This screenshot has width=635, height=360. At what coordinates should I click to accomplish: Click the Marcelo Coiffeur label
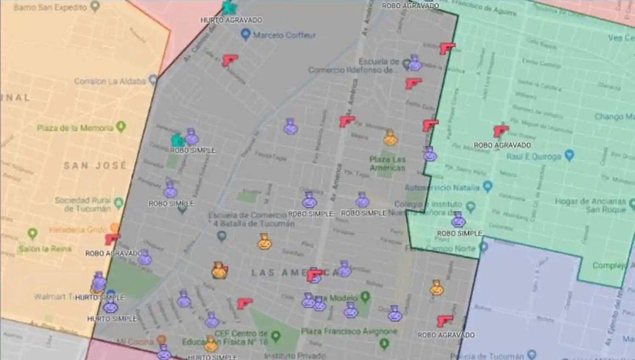tap(284, 35)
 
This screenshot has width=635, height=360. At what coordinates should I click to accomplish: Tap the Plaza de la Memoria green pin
tap(121, 127)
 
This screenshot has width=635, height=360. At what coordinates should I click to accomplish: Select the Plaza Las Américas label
tap(387, 163)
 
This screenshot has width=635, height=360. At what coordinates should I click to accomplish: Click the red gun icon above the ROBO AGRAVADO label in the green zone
tap(500, 131)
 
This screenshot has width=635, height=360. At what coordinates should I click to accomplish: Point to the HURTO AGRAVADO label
tap(231, 20)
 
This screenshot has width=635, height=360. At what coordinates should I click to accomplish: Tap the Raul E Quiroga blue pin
tap(569, 155)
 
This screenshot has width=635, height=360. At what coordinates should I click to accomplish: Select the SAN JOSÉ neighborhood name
tap(95, 165)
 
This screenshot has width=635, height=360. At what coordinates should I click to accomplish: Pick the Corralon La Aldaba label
tap(110, 81)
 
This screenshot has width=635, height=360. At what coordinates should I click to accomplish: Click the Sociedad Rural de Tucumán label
tap(83, 204)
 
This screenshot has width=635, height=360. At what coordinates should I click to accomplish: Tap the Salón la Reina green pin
tap(33, 233)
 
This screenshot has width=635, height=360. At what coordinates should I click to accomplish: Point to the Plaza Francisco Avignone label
tap(349, 331)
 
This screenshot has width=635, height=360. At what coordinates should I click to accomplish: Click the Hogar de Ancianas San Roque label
tap(590, 205)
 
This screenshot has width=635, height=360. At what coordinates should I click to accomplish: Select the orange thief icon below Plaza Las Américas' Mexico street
tap(390, 138)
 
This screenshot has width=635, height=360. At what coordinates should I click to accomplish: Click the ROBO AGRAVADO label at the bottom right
tap(446, 335)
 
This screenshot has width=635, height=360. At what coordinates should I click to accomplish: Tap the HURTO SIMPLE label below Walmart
tap(112, 318)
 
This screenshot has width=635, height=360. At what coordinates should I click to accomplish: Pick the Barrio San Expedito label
tap(50, 7)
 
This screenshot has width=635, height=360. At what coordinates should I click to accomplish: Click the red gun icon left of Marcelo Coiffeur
tap(230, 60)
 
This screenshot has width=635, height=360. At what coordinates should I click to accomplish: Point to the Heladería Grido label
tap(78, 230)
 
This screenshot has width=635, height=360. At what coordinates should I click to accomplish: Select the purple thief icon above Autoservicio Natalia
tap(430, 154)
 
